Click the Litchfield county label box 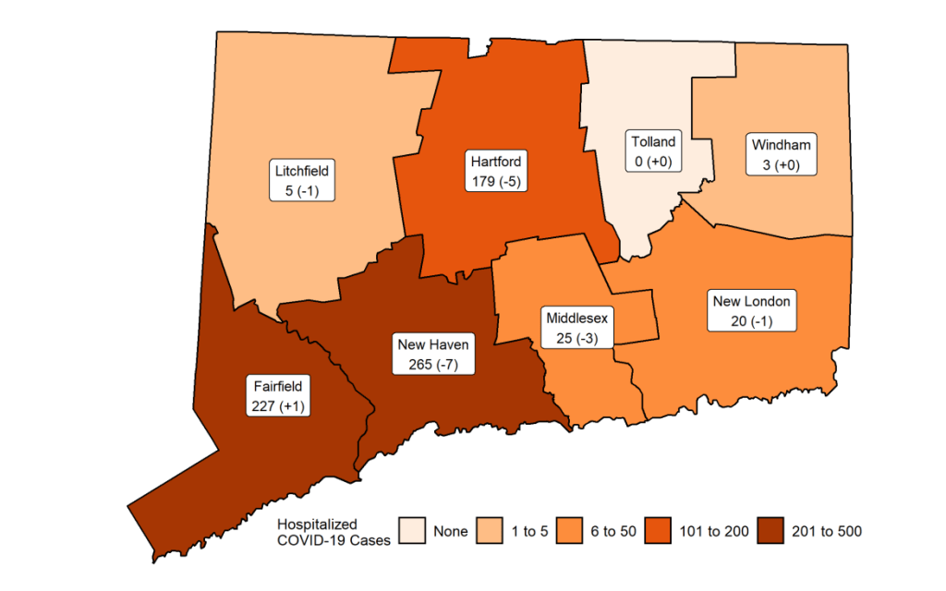[302, 181]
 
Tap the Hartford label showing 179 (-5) [496, 172]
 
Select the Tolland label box [653, 151]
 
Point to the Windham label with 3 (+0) [781, 155]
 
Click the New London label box [751, 311]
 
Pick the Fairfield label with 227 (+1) [277, 395]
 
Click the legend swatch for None [411, 531]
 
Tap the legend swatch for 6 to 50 [570, 531]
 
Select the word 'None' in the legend [450, 532]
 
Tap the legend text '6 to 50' [614, 532]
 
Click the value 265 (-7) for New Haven [433, 364]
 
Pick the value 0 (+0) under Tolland [653, 162]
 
